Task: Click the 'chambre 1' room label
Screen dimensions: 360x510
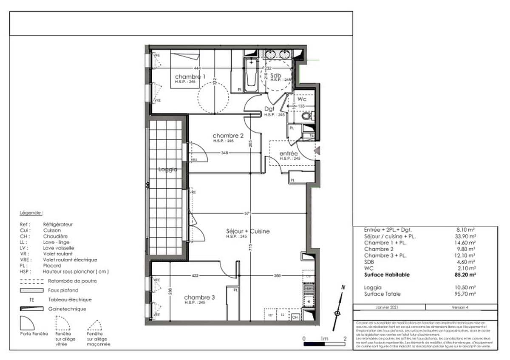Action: point(190,77)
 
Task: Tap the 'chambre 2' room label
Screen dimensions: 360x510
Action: point(228,136)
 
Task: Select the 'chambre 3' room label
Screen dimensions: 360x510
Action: point(199,298)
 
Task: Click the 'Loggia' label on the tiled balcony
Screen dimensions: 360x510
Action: point(167,169)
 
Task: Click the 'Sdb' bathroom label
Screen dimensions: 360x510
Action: point(276,75)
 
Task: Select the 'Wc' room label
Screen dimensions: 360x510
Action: point(301,99)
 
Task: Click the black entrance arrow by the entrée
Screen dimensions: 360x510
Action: point(317,150)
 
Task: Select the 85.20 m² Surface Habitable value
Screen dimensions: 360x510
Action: point(465,275)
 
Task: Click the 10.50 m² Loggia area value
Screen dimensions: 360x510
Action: point(465,287)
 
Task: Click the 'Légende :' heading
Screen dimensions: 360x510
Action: point(31,213)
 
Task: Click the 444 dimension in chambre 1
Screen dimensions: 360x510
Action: point(197,68)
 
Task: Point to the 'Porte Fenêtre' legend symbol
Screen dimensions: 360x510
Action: point(31,324)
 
